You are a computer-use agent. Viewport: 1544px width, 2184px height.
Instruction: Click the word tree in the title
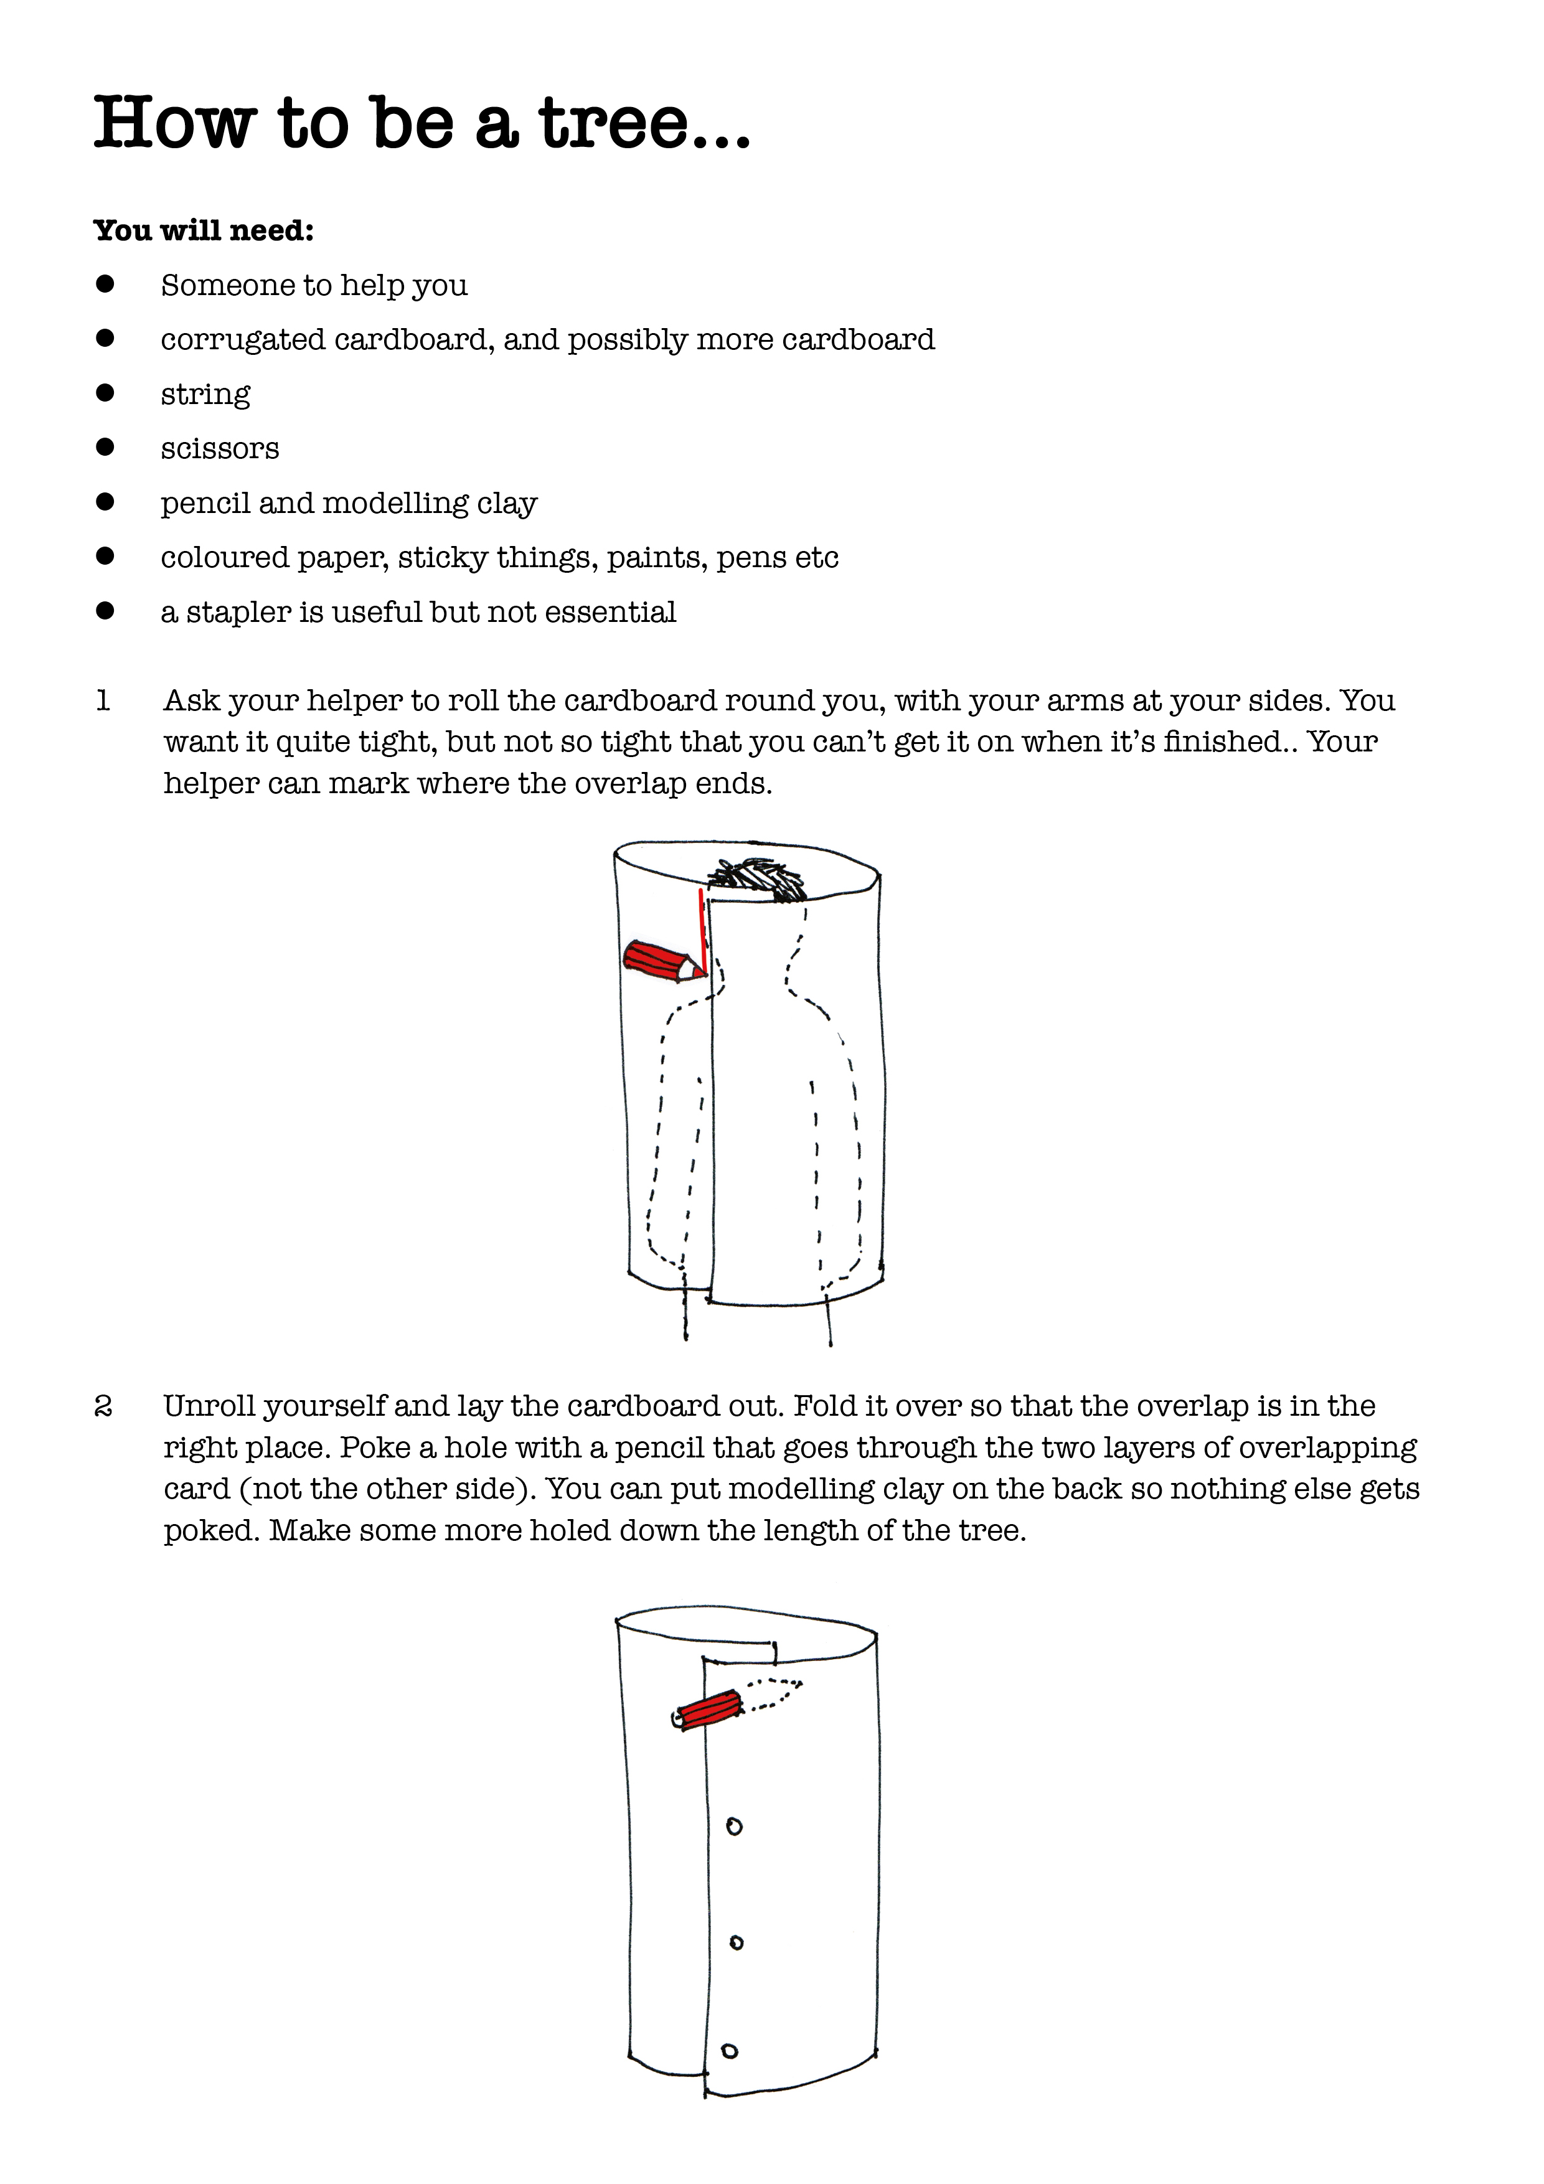pos(613,125)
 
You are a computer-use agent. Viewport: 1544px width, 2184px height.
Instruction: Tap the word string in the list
pos(205,395)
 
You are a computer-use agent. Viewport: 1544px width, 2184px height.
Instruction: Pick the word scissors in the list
pos(220,449)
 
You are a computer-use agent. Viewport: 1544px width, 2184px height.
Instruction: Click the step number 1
pos(103,701)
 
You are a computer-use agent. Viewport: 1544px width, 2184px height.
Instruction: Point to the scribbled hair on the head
pos(759,878)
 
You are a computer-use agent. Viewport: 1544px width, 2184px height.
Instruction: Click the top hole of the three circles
pos(733,1827)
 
